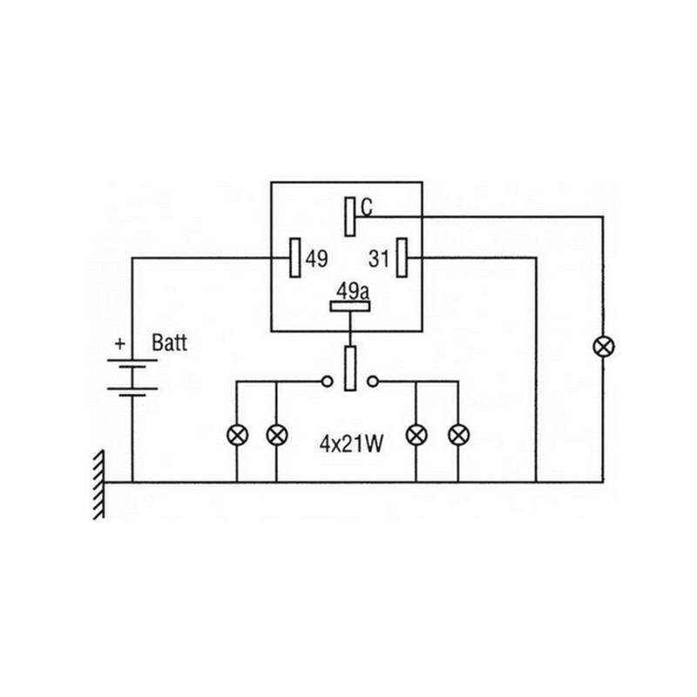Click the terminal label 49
point(317,258)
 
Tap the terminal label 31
point(377,258)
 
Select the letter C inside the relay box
point(367,207)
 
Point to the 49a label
point(351,291)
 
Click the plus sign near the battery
point(119,343)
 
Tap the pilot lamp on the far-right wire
point(601,346)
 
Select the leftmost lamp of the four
point(237,433)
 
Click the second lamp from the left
point(276,433)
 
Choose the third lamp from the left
point(418,433)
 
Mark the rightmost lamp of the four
point(457,433)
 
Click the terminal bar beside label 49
point(295,258)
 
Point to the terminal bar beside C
point(349,216)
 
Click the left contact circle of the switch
point(328,381)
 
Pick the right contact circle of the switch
point(373,381)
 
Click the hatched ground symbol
point(98,484)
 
